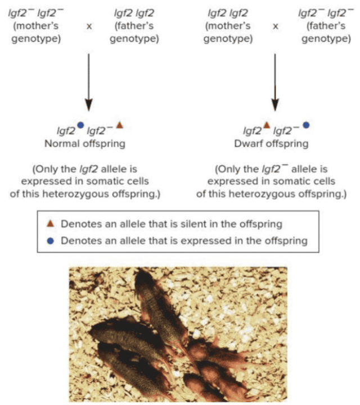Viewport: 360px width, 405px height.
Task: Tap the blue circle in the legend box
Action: click(51, 240)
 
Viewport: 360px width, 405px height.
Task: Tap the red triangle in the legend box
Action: click(51, 224)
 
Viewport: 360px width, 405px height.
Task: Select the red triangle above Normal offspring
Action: click(119, 125)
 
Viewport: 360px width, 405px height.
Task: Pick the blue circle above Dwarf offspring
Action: click(306, 125)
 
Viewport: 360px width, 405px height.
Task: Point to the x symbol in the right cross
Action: click(276, 26)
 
